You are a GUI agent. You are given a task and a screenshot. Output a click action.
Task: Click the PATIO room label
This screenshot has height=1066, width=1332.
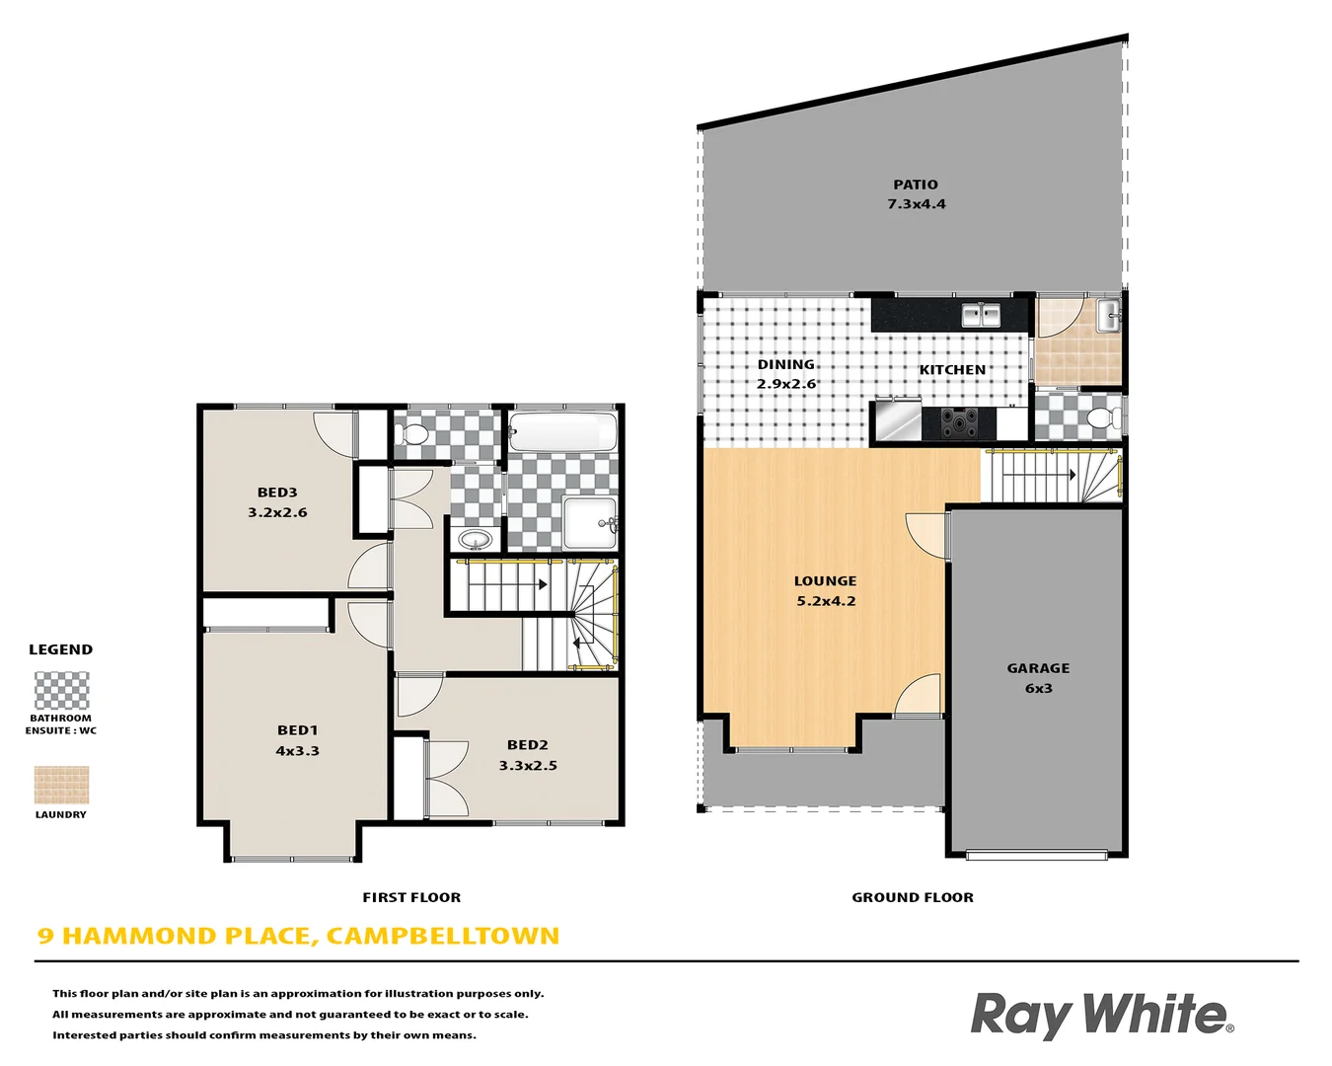[x=916, y=185]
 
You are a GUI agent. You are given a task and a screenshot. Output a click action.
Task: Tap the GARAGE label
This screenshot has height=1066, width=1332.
[x=1038, y=668]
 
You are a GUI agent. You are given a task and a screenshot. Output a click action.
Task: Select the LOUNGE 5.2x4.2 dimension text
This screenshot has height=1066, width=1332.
[x=826, y=601]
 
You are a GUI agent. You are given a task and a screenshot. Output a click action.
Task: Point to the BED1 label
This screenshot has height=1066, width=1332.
[x=297, y=730]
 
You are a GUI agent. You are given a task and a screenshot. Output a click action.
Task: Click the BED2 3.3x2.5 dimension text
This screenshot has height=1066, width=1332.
[x=528, y=766]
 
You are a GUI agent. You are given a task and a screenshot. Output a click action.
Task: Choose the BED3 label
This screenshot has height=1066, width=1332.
[x=277, y=493]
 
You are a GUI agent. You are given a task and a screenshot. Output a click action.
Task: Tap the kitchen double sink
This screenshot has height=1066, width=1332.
[x=981, y=315]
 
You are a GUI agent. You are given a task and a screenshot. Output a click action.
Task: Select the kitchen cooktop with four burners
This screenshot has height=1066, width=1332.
[x=958, y=423]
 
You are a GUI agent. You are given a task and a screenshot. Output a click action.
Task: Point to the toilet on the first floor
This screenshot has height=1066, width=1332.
[x=414, y=433]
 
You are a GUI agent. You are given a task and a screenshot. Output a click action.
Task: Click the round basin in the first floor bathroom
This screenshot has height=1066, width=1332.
[x=476, y=540]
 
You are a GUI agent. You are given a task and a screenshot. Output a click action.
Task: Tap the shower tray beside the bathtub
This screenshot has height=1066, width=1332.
[x=589, y=522]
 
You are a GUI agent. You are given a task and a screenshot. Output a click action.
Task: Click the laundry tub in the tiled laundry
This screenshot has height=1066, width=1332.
[x=1108, y=317]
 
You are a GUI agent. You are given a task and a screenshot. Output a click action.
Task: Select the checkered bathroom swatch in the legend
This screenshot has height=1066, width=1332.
[x=61, y=691]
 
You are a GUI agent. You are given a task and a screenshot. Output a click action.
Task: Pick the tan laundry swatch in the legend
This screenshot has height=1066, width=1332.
[x=61, y=786]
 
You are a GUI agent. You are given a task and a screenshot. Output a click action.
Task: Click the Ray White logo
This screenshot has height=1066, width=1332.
[x=1101, y=1015]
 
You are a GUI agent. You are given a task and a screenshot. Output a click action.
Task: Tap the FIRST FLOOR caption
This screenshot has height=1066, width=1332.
[x=411, y=897]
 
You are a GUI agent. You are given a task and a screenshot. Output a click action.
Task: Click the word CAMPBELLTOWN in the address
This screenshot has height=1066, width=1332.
[x=442, y=936]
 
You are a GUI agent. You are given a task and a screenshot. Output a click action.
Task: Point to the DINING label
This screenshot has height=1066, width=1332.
[x=785, y=364]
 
